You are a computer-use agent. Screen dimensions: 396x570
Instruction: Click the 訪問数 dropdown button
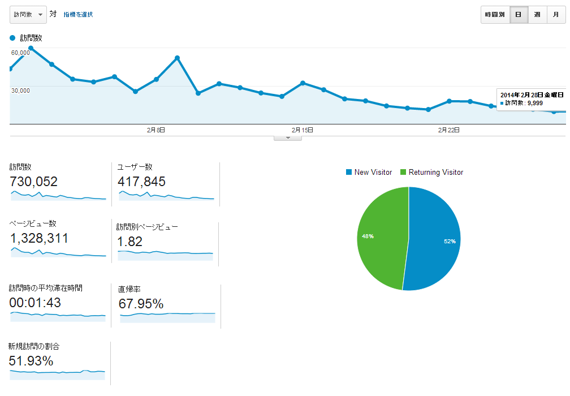28,14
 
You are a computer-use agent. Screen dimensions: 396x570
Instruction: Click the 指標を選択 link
78,15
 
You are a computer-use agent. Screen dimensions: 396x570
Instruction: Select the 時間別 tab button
495,15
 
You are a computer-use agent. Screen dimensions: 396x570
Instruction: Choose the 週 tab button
537,15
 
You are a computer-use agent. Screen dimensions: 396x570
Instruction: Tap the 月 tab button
556,15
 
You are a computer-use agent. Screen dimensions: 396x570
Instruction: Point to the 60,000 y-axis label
20,52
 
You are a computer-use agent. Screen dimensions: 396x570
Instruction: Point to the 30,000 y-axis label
20,90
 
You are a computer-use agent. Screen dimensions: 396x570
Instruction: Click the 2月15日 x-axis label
303,130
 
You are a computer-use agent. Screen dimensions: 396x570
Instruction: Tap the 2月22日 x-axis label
448,130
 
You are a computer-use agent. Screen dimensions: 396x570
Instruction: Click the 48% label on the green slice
368,236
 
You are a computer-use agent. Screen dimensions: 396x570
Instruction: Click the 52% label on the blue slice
450,241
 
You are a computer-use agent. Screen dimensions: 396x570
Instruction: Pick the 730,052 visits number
34,182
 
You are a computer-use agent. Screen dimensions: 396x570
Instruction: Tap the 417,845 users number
141,182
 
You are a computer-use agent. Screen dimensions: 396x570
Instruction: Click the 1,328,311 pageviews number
39,238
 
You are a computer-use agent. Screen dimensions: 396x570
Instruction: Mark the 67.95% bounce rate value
141,304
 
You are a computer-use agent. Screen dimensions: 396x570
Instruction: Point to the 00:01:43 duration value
35,303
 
